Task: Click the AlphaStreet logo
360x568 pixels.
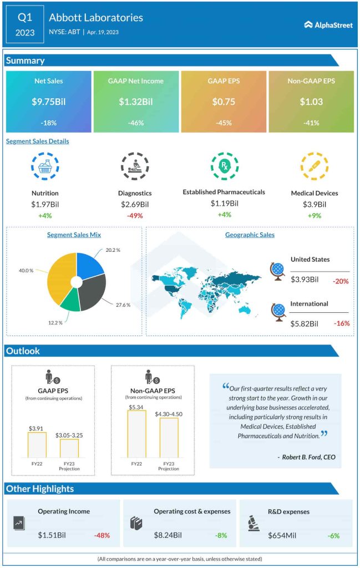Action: tap(328, 24)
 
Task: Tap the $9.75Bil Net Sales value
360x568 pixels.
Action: tap(48, 102)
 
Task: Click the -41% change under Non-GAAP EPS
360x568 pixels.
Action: tap(311, 123)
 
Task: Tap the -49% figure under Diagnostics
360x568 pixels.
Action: tap(134, 215)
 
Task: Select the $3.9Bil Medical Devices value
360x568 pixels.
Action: tap(314, 204)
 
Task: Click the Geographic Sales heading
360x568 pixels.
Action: tap(250, 235)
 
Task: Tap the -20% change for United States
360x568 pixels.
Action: tap(341, 281)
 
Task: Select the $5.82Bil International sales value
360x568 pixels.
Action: tap(305, 323)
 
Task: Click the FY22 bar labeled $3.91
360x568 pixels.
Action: tap(37, 444)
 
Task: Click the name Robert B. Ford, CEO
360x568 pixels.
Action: tap(306, 457)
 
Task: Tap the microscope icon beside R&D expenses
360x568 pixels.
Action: tap(252, 522)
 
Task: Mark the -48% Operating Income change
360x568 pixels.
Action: tap(102, 535)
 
